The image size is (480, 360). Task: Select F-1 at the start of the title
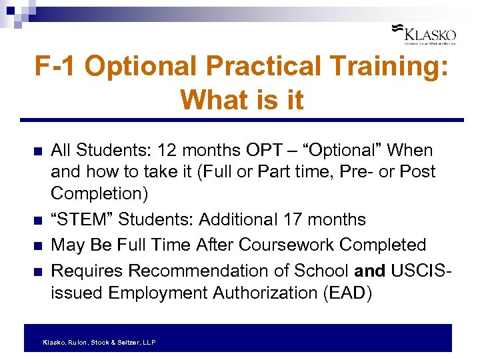point(57,67)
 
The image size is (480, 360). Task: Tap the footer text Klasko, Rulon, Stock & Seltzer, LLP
point(99,342)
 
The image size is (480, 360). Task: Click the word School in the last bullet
point(319,271)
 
